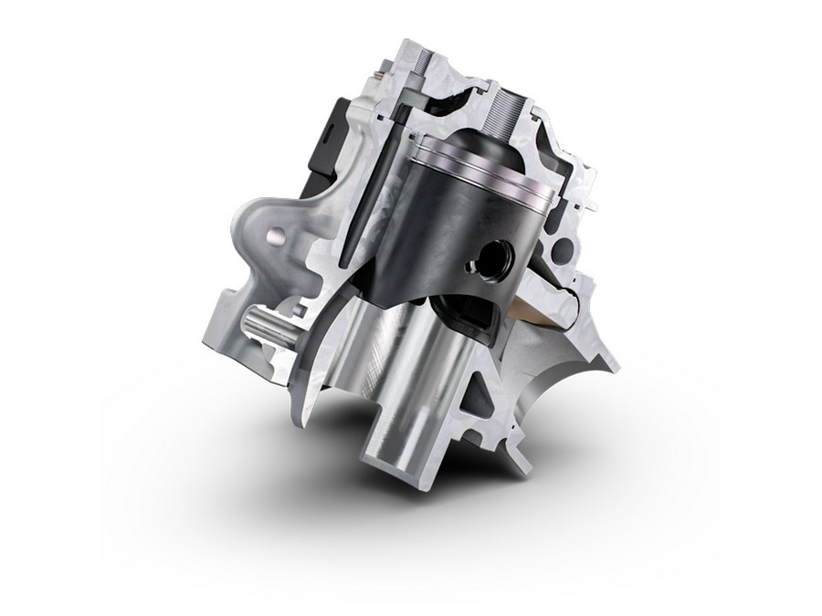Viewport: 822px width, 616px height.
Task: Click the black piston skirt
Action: point(420,237)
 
